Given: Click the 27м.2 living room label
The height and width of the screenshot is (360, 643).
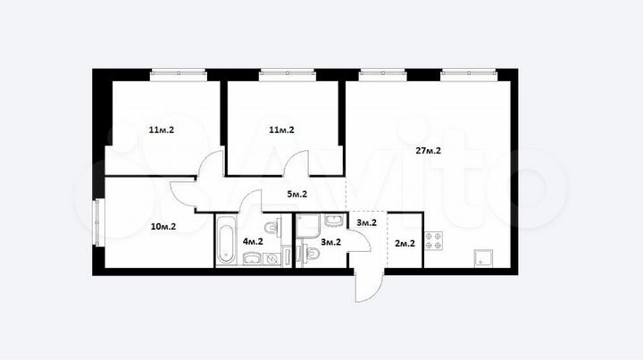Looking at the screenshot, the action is [x=428, y=151].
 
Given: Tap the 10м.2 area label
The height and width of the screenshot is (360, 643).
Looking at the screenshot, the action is [x=163, y=226].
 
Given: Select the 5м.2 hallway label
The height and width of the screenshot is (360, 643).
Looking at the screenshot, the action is [x=296, y=195].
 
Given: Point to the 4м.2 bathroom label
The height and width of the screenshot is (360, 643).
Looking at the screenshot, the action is [x=253, y=241].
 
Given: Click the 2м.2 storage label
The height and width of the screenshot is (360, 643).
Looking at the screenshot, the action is [x=405, y=244].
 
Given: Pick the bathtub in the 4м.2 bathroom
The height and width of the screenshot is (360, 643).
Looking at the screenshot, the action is [x=226, y=240].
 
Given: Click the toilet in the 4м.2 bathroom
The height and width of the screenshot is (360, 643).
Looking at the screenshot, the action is [x=272, y=227].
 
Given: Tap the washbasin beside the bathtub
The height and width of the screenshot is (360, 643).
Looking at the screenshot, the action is [x=252, y=259].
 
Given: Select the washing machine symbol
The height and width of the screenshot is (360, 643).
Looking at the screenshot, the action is [x=271, y=259].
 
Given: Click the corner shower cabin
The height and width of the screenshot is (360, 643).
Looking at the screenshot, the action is [x=308, y=225].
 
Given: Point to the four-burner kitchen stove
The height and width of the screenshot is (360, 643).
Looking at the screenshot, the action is [x=433, y=241].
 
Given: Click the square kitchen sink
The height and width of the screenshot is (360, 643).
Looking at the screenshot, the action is [x=483, y=258].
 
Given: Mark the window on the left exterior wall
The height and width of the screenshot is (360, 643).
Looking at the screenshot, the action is [x=96, y=222].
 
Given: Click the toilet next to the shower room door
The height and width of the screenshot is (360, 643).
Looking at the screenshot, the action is [x=311, y=255].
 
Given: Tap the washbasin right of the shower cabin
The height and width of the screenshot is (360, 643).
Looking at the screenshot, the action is [x=335, y=220].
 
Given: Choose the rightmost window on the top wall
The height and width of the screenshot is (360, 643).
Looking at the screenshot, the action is [x=469, y=75].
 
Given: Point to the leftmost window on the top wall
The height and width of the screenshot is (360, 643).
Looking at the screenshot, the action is [x=178, y=75].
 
